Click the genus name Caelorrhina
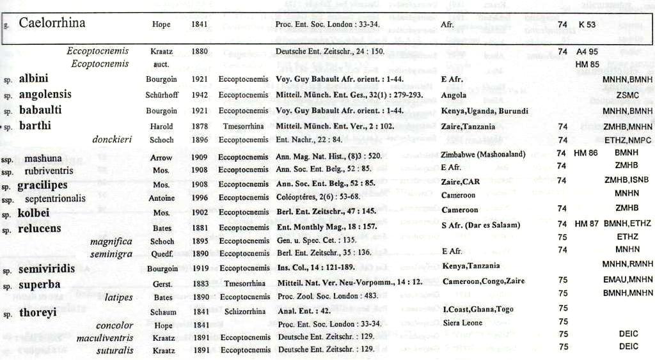click(x=52, y=24)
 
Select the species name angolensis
click(x=45, y=95)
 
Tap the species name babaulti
click(x=41, y=110)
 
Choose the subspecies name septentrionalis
click(x=55, y=198)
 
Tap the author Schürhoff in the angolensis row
click(x=161, y=95)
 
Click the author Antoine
click(x=161, y=198)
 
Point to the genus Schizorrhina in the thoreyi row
click(x=244, y=311)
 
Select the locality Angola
click(x=454, y=95)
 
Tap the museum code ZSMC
click(x=626, y=95)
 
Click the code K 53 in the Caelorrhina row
click(x=587, y=24)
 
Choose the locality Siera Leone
click(x=462, y=323)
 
